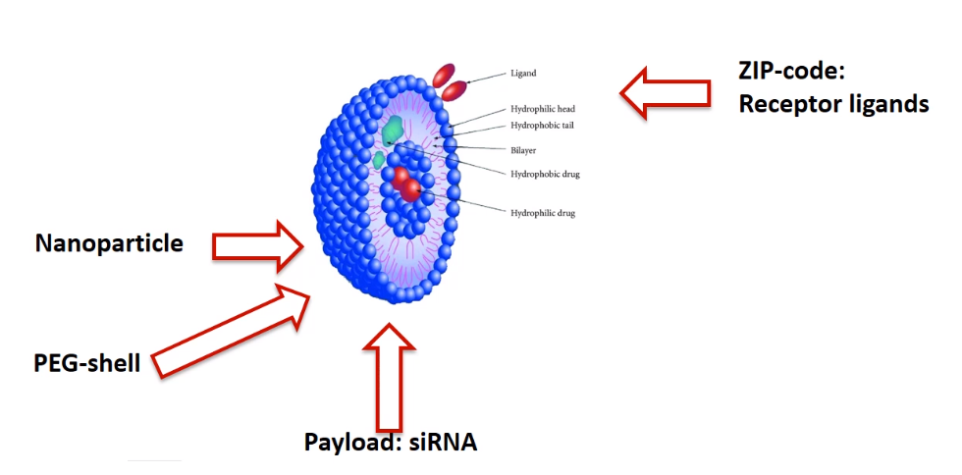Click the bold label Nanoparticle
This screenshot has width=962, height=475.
pos(109,243)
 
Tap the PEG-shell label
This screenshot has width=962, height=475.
pos(87,363)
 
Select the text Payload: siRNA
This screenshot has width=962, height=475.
pos(391,442)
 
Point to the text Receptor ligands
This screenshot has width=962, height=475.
pos(833,103)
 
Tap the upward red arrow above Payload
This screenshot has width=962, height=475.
pos(390,378)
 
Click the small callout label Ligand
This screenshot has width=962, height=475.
pos(523,73)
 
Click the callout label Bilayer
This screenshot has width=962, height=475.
pos(523,150)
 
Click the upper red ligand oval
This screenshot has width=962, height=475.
pos(444,74)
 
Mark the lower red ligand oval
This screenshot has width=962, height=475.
pos(454,91)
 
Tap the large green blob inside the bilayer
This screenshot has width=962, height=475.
pos(394,129)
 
